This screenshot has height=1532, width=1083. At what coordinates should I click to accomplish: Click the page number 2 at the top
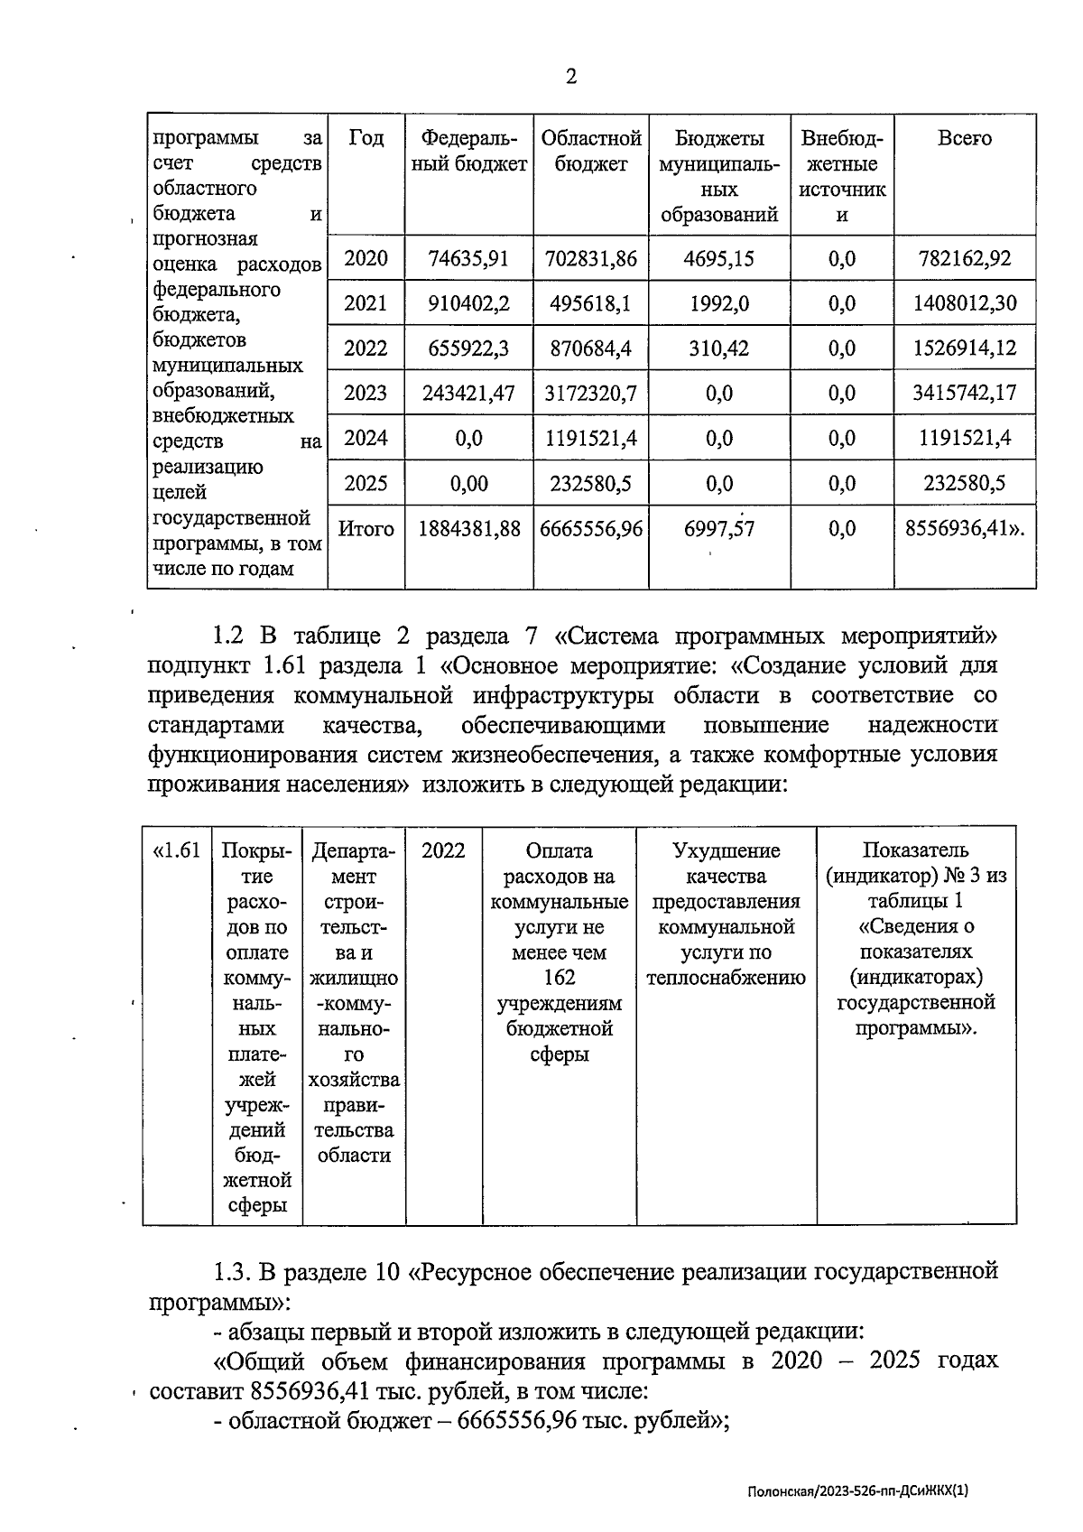pyautogui.click(x=570, y=77)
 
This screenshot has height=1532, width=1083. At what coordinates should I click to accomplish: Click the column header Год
pyautogui.click(x=366, y=138)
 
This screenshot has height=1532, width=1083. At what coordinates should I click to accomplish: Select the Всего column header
pyautogui.click(x=964, y=138)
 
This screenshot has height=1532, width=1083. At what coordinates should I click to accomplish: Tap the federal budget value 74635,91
pyautogui.click(x=468, y=259)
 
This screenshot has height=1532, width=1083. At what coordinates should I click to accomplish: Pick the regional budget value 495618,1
pyautogui.click(x=590, y=303)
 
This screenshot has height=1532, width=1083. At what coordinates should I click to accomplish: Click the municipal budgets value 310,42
pyautogui.click(x=718, y=348)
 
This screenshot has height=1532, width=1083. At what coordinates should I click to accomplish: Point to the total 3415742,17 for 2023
pyautogui.click(x=965, y=394)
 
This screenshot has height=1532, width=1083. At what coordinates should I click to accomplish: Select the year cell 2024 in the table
pyautogui.click(x=366, y=439)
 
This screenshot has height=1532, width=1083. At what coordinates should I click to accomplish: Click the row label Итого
pyautogui.click(x=366, y=529)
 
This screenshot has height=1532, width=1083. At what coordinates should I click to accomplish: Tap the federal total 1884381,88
pyautogui.click(x=468, y=529)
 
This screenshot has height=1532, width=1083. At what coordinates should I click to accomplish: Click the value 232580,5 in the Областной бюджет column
pyautogui.click(x=590, y=484)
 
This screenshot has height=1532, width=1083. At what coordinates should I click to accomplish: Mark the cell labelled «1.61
pyautogui.click(x=177, y=850)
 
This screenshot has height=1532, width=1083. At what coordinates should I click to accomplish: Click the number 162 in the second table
pyautogui.click(x=560, y=978)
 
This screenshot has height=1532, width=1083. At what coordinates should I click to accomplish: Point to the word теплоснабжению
pyautogui.click(x=726, y=978)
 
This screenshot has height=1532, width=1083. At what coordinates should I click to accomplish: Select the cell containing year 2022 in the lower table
pyautogui.click(x=443, y=850)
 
